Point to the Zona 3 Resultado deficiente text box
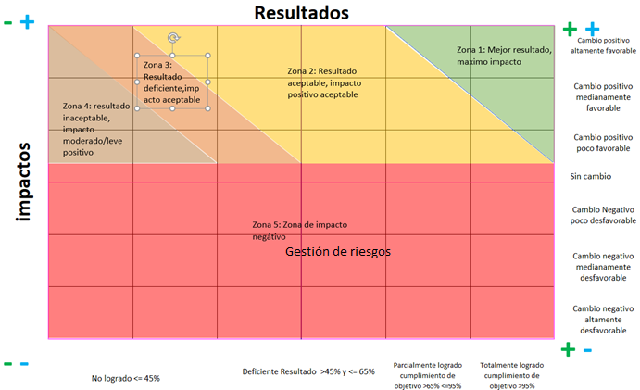click(173, 82)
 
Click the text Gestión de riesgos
click(339, 250)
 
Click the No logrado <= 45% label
click(126, 378)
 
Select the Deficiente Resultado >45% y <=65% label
click(308, 371)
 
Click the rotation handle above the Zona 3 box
click(173, 38)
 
